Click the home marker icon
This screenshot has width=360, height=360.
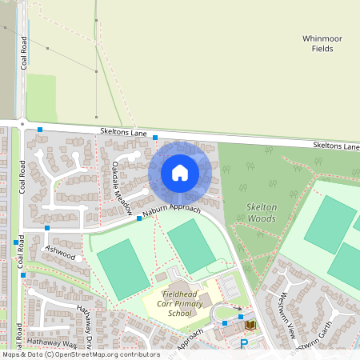pos(180,172)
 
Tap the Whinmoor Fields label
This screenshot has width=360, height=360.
pos(322,43)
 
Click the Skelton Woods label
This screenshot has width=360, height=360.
pos(262,212)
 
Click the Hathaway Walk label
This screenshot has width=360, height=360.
pos(54,342)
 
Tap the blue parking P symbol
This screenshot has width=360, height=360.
pos(244,344)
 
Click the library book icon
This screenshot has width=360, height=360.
pos(250,325)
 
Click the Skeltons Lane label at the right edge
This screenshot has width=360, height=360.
pos(336,146)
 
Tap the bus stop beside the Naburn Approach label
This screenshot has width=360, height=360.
pos(139,218)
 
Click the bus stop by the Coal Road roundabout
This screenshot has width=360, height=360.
pos(39,129)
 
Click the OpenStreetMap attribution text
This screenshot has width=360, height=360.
pos(80,354)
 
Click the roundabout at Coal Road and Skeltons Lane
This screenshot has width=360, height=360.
pos(23,123)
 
